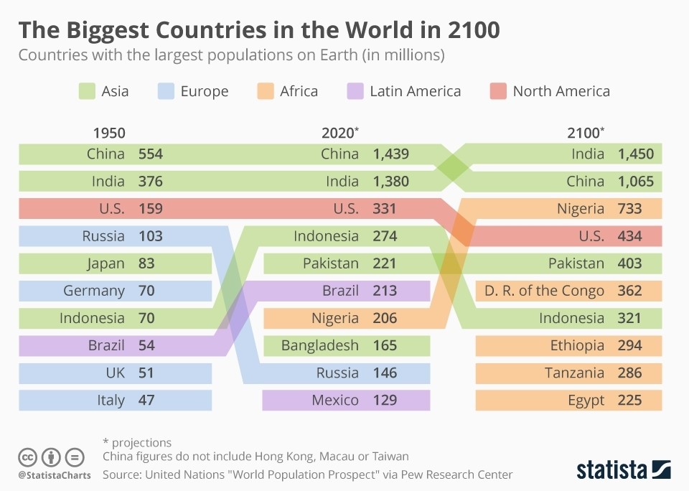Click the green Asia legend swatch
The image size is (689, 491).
point(86,91)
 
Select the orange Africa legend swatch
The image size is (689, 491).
point(265,91)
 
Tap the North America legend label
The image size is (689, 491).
point(561,91)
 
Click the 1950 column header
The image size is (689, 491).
point(109,133)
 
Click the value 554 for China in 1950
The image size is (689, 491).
point(151,154)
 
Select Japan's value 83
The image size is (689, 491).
point(146,263)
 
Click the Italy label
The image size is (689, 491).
point(111,400)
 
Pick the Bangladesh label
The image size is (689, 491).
point(319,345)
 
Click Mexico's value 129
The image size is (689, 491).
point(385,400)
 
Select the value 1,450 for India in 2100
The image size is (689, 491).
point(636,154)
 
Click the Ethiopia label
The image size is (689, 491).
point(577,345)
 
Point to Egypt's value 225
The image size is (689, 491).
point(629,400)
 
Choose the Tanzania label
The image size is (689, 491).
point(574,373)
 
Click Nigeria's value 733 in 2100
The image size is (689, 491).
point(629,209)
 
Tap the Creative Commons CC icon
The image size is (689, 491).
point(28,457)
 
